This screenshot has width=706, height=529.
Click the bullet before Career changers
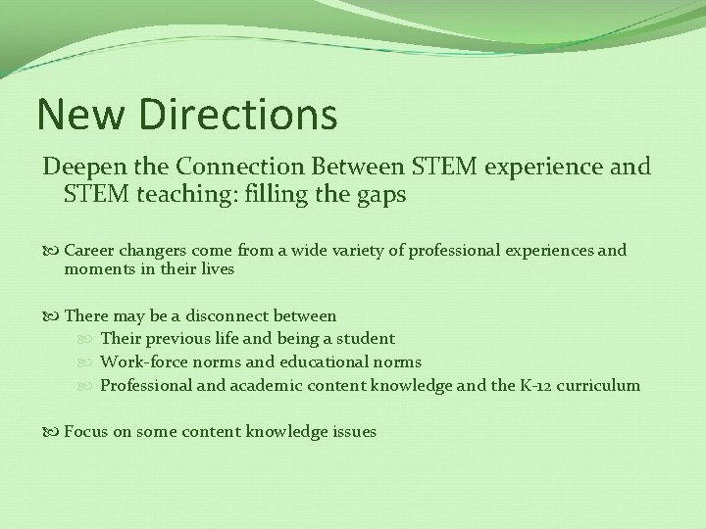coord(52,251)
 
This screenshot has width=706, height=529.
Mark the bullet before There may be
coord(52,315)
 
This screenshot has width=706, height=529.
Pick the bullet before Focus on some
coord(52,432)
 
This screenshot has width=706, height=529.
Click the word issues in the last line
coord(354,432)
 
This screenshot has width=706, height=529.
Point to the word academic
coord(265,386)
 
